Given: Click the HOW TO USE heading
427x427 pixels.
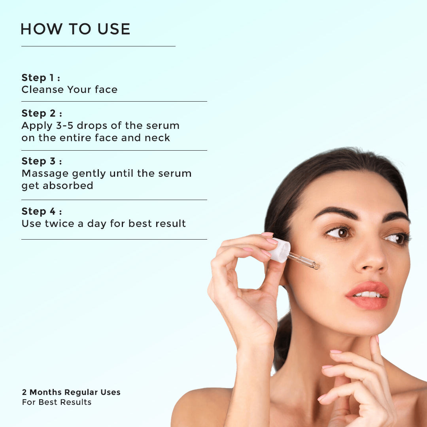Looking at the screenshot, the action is tap(76, 29).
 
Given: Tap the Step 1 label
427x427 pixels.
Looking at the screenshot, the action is tap(41, 78).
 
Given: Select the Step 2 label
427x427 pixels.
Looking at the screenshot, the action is tap(42, 113).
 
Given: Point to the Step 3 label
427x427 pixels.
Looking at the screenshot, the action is tap(42, 161).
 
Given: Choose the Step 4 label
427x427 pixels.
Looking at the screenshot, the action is tap(42, 211).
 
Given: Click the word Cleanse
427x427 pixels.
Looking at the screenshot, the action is tap(43, 90).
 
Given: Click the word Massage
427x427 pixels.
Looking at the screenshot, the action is tap(45, 174).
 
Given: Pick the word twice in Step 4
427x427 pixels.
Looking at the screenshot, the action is tap(59, 223).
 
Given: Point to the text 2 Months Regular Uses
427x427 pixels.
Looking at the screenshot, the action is tap(71, 392).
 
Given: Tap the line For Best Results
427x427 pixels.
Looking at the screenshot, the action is tap(57, 402).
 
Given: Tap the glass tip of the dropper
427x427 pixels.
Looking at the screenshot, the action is tap(316, 265).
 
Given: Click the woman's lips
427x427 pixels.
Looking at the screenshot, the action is tap(368, 295).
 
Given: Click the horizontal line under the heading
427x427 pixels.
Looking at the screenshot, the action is tap(98, 46).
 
